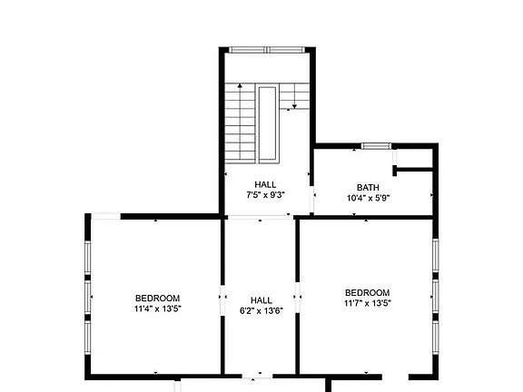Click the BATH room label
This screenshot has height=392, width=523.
(x=368, y=187)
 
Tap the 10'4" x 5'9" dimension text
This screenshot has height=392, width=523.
(x=369, y=199)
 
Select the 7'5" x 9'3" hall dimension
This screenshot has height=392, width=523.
(x=265, y=195)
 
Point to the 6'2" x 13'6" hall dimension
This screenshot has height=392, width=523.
(x=261, y=310)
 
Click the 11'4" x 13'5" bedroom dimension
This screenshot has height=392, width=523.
(x=158, y=309)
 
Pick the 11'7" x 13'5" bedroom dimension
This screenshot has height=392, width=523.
(x=368, y=303)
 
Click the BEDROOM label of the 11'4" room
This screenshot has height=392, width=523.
(x=157, y=298)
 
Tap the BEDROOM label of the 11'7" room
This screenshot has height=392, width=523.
(x=367, y=293)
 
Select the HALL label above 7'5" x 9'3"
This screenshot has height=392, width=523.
(x=265, y=185)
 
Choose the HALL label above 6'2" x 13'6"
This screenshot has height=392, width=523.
(x=261, y=300)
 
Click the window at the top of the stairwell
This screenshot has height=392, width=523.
(x=267, y=50)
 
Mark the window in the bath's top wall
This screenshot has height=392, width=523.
(x=376, y=146)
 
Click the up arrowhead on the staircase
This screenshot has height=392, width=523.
(x=240, y=85)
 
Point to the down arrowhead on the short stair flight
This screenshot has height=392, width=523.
(x=294, y=106)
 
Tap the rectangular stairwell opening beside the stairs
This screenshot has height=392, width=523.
(x=267, y=123)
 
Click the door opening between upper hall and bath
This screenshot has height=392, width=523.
(x=311, y=200)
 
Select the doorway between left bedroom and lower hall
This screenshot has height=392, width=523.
(x=222, y=300)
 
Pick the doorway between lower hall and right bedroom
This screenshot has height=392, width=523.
(x=298, y=298)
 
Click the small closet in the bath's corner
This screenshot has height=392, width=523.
(x=414, y=159)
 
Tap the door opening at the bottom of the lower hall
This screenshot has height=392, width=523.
(x=258, y=377)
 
